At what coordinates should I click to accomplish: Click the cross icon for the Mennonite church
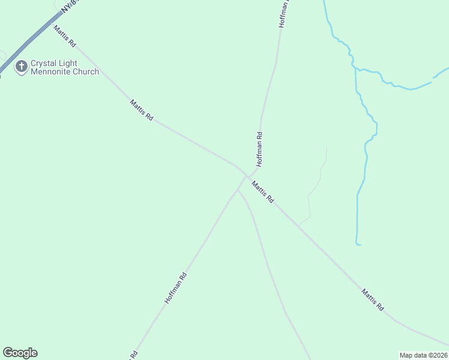[x=22, y=67]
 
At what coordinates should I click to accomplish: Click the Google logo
[x=20, y=353]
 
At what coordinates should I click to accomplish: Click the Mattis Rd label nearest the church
[x=65, y=37]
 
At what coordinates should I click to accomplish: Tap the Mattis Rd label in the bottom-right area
[x=373, y=300]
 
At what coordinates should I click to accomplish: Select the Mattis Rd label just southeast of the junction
[x=263, y=192]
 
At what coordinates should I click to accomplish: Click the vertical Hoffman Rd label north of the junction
[x=259, y=149]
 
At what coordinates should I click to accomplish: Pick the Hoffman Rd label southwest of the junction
[x=176, y=287]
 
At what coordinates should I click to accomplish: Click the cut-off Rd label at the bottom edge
[x=134, y=355]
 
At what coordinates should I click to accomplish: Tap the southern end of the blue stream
[x=358, y=244]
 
